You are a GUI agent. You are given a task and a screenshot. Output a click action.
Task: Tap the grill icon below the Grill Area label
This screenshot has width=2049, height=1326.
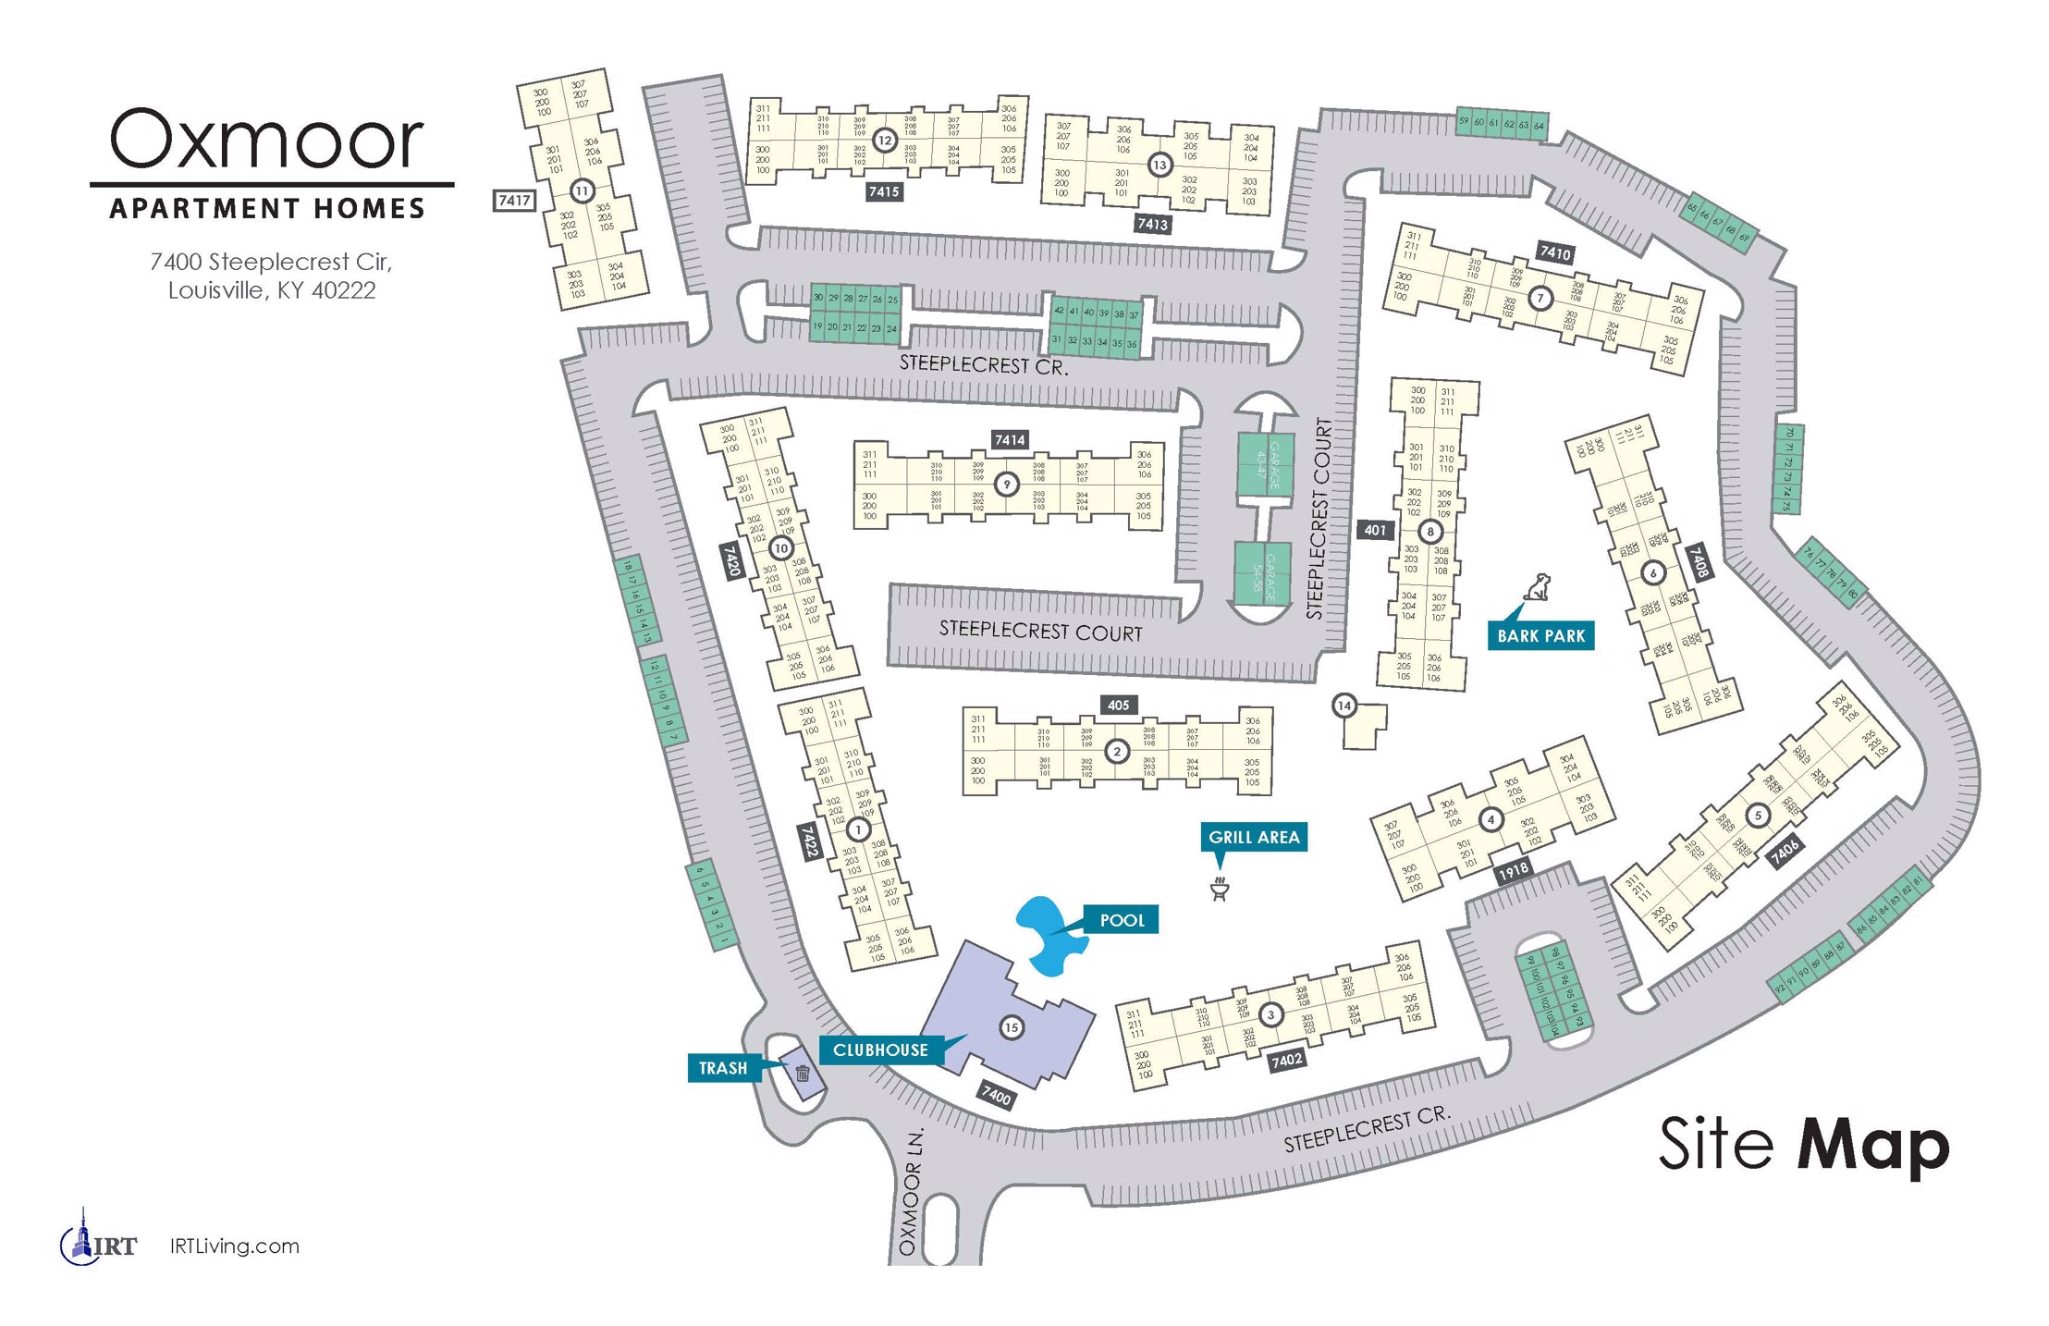1219,889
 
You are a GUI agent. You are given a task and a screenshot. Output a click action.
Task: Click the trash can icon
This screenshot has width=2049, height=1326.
802,1073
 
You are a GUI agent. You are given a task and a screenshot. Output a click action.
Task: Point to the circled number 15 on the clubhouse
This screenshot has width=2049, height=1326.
1012,1027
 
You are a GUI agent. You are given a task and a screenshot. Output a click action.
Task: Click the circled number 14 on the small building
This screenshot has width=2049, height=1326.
1344,706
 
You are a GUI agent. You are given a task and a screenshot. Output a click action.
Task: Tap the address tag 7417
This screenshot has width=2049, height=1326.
514,200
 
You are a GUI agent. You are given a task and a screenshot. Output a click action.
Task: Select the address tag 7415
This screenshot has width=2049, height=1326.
883,191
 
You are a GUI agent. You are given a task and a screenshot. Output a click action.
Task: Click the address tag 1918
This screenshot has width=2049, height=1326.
1513,870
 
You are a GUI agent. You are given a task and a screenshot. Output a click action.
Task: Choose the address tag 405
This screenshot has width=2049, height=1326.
1118,705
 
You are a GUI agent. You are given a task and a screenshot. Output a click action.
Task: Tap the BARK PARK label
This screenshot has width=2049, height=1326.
1540,635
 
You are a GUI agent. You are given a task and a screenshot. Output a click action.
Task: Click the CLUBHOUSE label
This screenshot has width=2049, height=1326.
880,1050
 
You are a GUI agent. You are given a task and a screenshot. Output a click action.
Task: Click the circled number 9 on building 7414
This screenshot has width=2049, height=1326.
1006,483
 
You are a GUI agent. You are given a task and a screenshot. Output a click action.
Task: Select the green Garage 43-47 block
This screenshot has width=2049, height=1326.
1264,466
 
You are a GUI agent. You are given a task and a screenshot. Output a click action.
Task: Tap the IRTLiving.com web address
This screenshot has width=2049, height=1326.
235,1246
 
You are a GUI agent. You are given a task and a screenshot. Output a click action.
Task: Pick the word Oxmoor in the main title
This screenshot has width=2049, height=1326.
267,139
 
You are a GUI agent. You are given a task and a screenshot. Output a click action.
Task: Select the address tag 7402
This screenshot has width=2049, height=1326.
1286,1060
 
